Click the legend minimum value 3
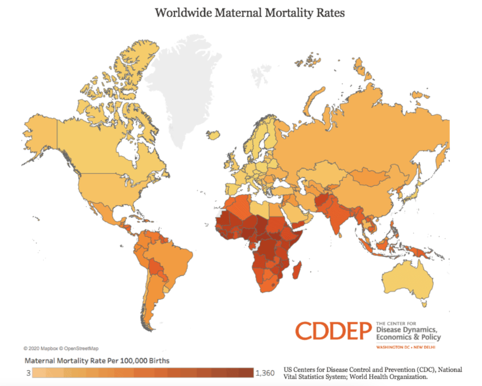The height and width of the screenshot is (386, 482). click(x=29, y=373)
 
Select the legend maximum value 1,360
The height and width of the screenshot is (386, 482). click(x=265, y=373)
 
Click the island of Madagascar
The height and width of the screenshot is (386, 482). click(x=296, y=273)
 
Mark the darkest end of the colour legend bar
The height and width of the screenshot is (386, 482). click(x=249, y=373)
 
